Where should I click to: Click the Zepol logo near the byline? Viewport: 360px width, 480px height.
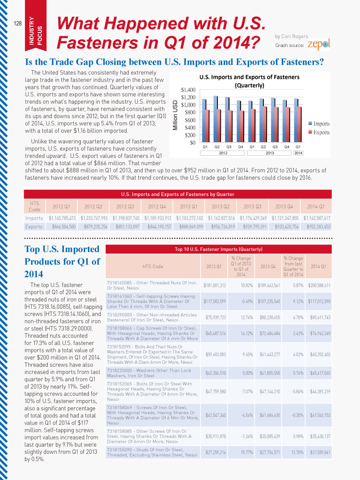point(319,45)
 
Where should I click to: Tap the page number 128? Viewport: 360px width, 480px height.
point(18,23)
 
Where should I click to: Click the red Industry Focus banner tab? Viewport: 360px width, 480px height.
point(36,26)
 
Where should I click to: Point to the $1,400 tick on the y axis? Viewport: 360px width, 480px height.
point(188,90)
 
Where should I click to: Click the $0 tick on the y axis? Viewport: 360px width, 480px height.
point(192,143)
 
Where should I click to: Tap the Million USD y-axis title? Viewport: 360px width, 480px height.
point(176,115)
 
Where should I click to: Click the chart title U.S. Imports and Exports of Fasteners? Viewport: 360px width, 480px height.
point(250,77)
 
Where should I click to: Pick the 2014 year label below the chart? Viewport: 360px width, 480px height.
point(298,153)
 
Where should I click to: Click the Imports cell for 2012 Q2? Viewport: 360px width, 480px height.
point(94,218)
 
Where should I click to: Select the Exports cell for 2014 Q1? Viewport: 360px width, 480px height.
point(317,227)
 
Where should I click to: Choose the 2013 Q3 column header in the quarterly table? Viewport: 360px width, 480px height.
point(253,207)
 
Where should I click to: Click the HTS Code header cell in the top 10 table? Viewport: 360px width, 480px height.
point(153,266)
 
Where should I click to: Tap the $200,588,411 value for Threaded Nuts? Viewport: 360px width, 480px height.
point(319,285)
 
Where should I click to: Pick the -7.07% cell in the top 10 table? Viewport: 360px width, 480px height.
point(247,392)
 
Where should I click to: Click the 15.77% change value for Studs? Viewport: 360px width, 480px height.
point(247,452)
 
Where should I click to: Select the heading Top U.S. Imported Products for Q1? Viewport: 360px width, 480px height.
point(63,261)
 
